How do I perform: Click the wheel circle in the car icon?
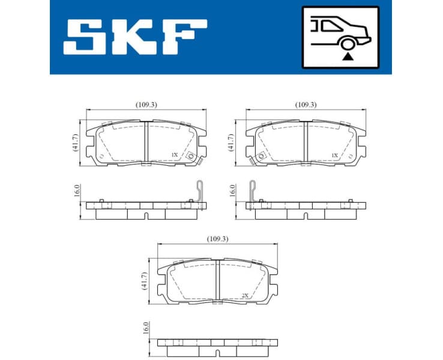[x=346, y=43]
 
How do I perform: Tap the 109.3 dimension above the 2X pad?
[x=217, y=239]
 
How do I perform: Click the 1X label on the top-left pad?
[x=174, y=155]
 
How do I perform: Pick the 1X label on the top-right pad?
[x=335, y=155]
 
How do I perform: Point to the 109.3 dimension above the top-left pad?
[x=146, y=104]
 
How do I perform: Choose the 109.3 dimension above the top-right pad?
[x=306, y=104]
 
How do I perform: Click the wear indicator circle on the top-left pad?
[x=191, y=157]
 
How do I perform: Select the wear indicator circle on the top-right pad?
[x=261, y=157]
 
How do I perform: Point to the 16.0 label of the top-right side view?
[x=233, y=191]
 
